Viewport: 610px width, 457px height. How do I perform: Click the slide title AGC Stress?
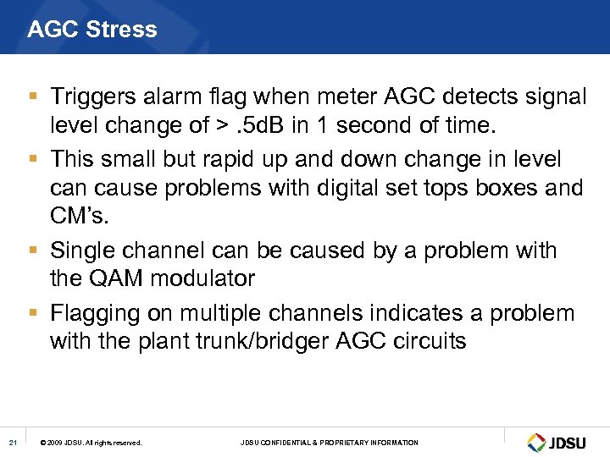pyautogui.click(x=91, y=30)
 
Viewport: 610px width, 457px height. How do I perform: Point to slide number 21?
pyautogui.click(x=12, y=442)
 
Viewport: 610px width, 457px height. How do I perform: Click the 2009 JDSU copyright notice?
pyautogui.click(x=91, y=443)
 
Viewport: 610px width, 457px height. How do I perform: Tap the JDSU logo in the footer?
pyautogui.click(x=560, y=442)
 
